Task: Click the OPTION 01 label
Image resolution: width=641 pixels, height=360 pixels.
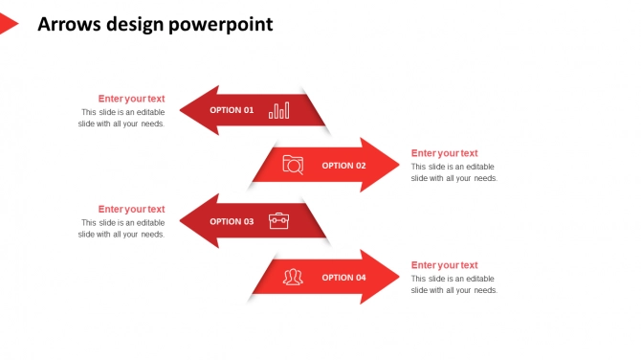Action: pos(232,110)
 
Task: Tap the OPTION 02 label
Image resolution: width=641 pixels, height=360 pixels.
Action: pos(343,166)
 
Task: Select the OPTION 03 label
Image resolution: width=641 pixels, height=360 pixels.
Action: pos(232,221)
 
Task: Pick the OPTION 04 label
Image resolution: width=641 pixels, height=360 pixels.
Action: pos(343,278)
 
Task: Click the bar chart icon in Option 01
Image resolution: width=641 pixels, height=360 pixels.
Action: pos(279,110)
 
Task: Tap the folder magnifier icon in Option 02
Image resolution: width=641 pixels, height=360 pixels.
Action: pos(293,165)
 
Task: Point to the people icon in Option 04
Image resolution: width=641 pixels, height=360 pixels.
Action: pos(293,278)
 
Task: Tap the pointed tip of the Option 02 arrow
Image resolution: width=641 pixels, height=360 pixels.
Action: pos(397,165)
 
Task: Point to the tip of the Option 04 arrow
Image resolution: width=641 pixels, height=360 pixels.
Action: pos(397,278)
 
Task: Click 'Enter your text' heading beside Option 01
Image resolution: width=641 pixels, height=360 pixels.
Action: pos(131,99)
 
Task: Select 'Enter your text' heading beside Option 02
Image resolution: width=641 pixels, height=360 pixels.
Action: pos(444,153)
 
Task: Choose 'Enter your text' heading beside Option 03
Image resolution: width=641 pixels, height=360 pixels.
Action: pos(131,210)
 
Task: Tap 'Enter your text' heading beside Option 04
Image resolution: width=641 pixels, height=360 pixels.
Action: pos(444,265)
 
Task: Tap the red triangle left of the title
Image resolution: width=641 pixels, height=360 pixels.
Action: pos(8,24)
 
